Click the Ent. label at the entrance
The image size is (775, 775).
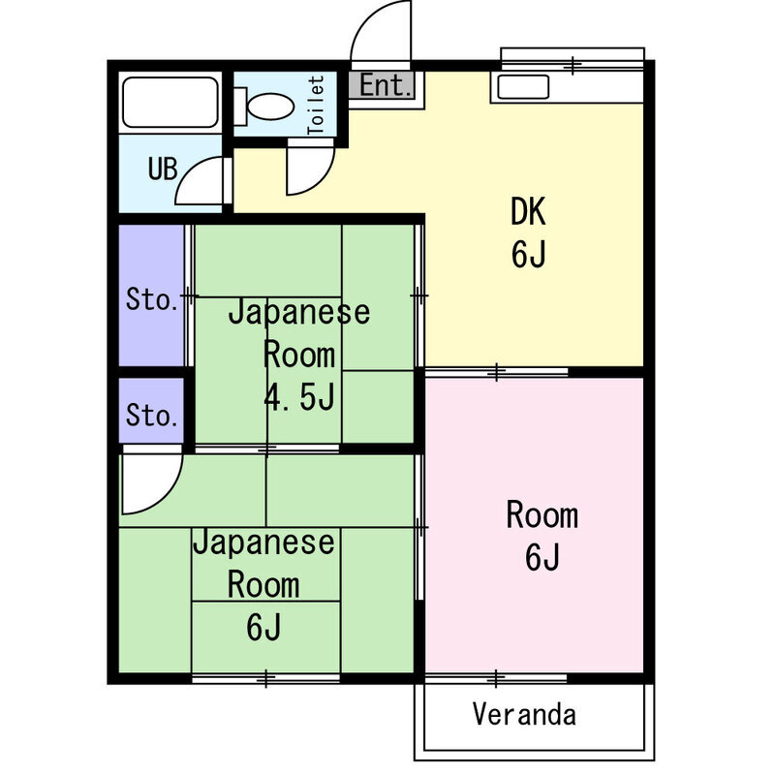pos(386,85)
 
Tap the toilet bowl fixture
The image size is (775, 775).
pos(265,102)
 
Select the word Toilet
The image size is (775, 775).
pos(315,105)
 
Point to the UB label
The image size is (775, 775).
pos(162,169)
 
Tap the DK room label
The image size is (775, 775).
pos(530,210)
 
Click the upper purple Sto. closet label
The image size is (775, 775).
pos(152,298)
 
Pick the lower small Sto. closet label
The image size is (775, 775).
pos(152,417)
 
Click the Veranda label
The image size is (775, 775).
pos(524,715)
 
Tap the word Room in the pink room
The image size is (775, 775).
pos(542,515)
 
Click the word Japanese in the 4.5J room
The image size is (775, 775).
pos(298,313)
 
